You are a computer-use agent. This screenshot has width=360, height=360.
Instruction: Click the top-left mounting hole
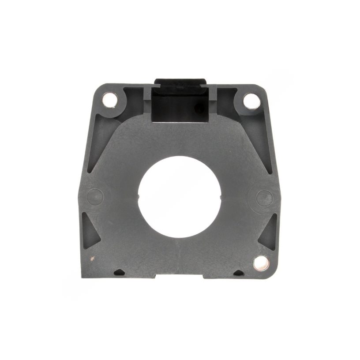[x=110, y=100]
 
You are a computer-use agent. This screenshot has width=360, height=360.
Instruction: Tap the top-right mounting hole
[x=251, y=100]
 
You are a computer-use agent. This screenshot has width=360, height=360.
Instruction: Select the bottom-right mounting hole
[x=260, y=263]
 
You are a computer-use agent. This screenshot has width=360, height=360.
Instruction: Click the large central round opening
[x=180, y=196]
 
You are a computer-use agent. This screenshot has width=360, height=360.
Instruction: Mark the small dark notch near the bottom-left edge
[x=118, y=272]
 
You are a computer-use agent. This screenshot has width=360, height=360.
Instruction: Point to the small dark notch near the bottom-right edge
[x=238, y=273]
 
